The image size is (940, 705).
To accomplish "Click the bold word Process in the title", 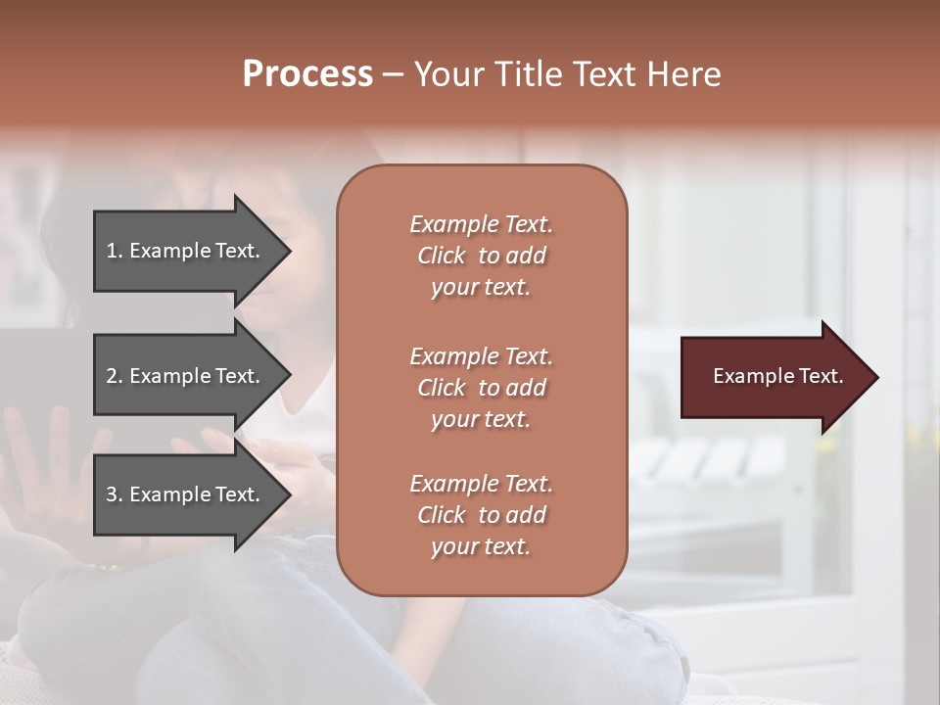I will coord(307,75).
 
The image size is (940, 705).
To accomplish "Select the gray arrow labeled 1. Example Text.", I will coord(186,251).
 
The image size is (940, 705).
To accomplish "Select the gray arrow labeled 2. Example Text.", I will coord(186,376).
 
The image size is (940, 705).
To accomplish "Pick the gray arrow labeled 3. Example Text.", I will coord(186,494).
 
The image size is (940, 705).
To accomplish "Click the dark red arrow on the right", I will coord(774,377).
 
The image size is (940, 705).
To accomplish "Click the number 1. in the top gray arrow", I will coord(115,251).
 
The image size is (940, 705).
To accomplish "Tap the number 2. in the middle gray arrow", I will coord(115,376).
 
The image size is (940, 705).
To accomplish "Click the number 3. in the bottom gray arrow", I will coord(115,494).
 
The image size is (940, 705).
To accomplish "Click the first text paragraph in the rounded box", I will coord(481,256).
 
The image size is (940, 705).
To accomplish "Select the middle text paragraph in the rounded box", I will coord(481,388).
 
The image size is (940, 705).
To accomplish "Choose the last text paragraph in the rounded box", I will coord(481,515).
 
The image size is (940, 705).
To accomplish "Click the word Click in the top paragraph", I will coord(442,256).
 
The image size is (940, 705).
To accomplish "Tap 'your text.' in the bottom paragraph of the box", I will coord(481,546).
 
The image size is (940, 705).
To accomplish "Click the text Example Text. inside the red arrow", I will coord(777,376).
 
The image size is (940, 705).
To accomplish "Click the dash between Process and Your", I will coord(393,75).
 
